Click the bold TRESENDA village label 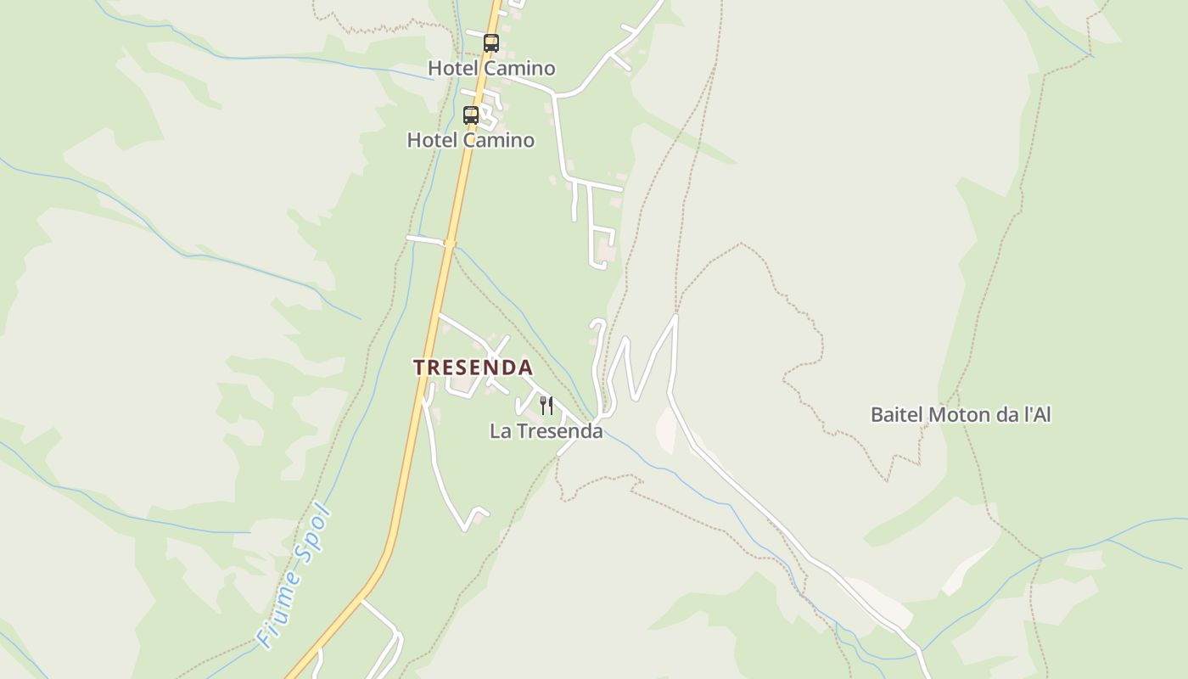(473, 368)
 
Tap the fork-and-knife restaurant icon (546, 406)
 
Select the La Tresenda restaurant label (546, 431)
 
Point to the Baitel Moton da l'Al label (961, 415)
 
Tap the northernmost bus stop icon (490, 43)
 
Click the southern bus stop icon (470, 115)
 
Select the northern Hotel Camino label (491, 68)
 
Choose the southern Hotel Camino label (471, 140)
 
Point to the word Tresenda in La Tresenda (559, 431)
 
